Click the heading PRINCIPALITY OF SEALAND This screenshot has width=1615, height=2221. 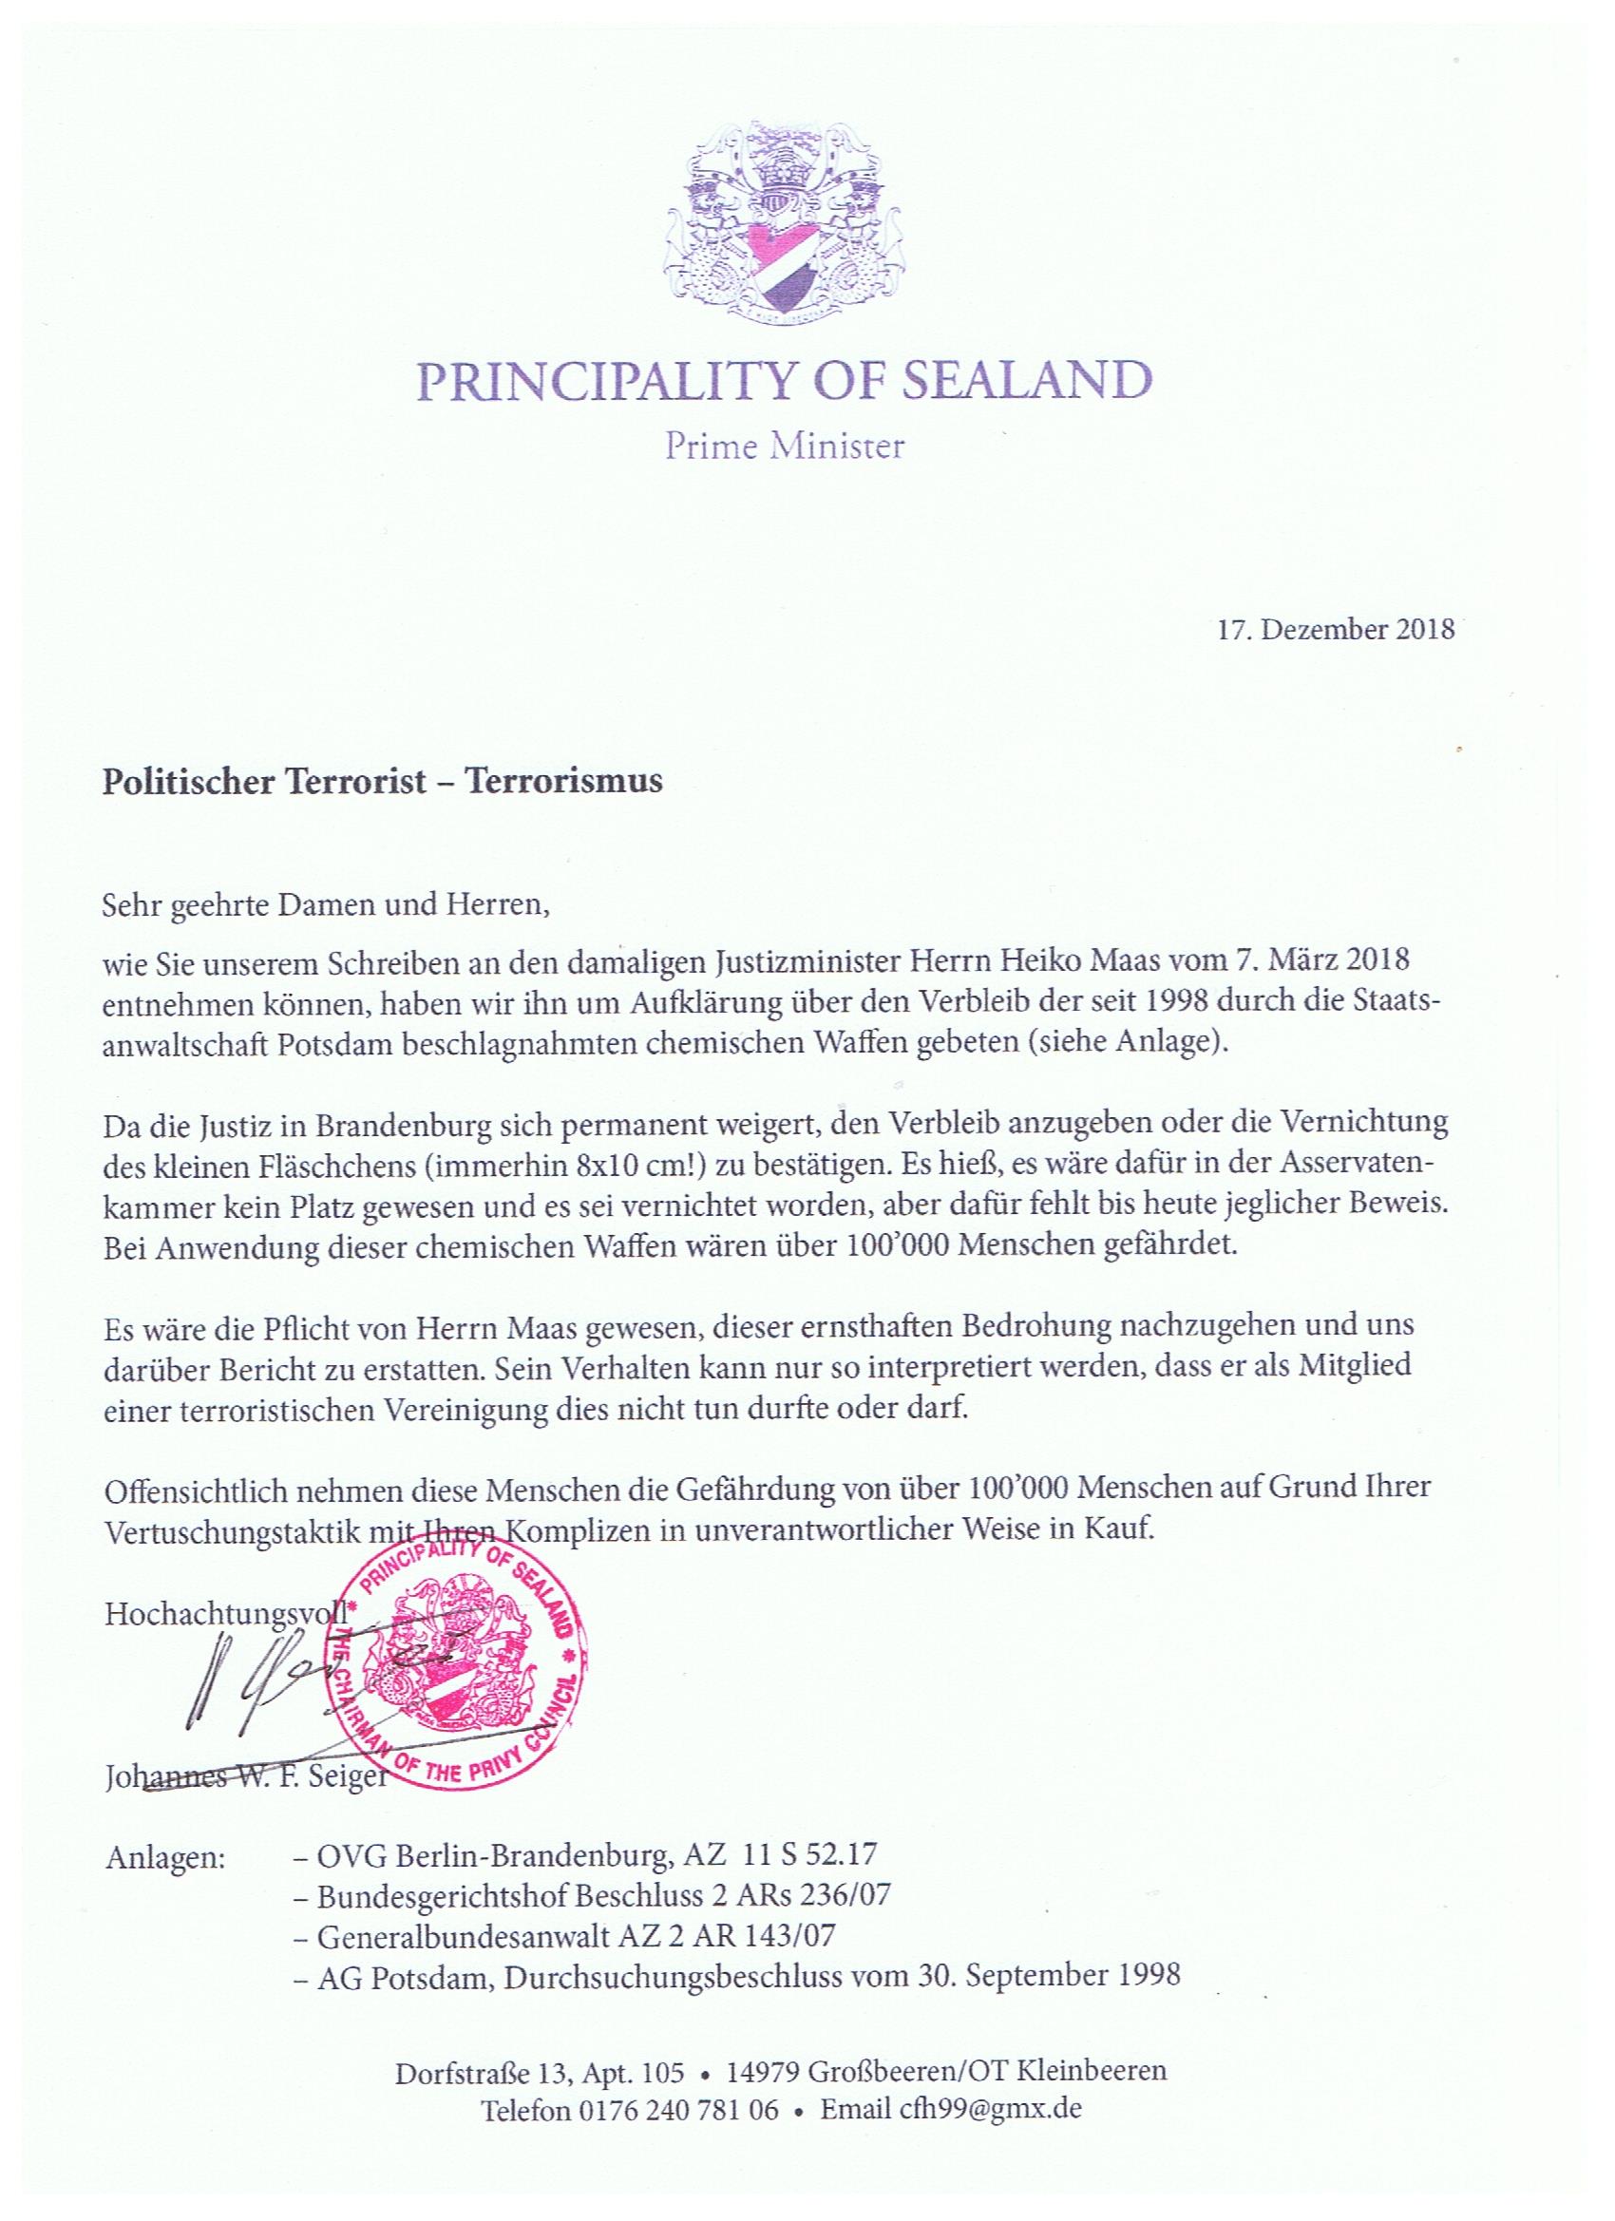(785, 382)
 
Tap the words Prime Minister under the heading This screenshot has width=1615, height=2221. (785, 447)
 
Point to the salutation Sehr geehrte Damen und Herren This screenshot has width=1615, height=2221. (322, 902)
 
